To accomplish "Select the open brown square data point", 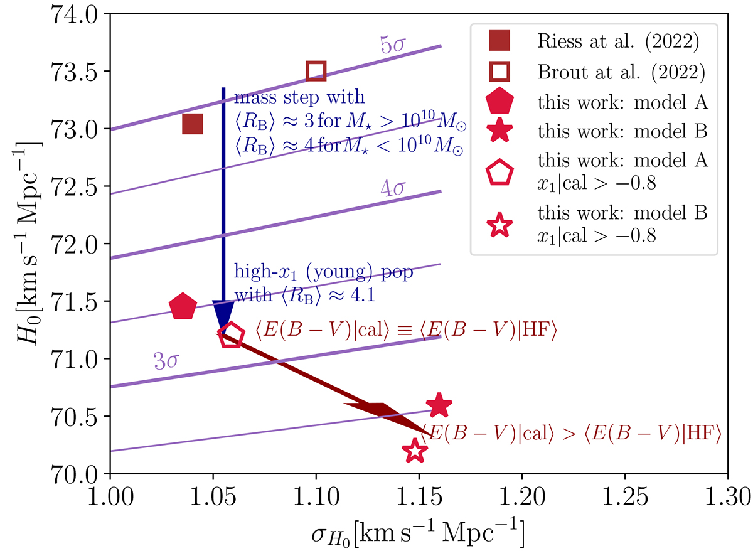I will [x=316, y=72].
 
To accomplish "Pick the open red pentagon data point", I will [x=230, y=334].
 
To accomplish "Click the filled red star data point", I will [x=439, y=405].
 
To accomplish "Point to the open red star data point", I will [x=414, y=451].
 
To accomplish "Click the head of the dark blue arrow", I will [x=223, y=314].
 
